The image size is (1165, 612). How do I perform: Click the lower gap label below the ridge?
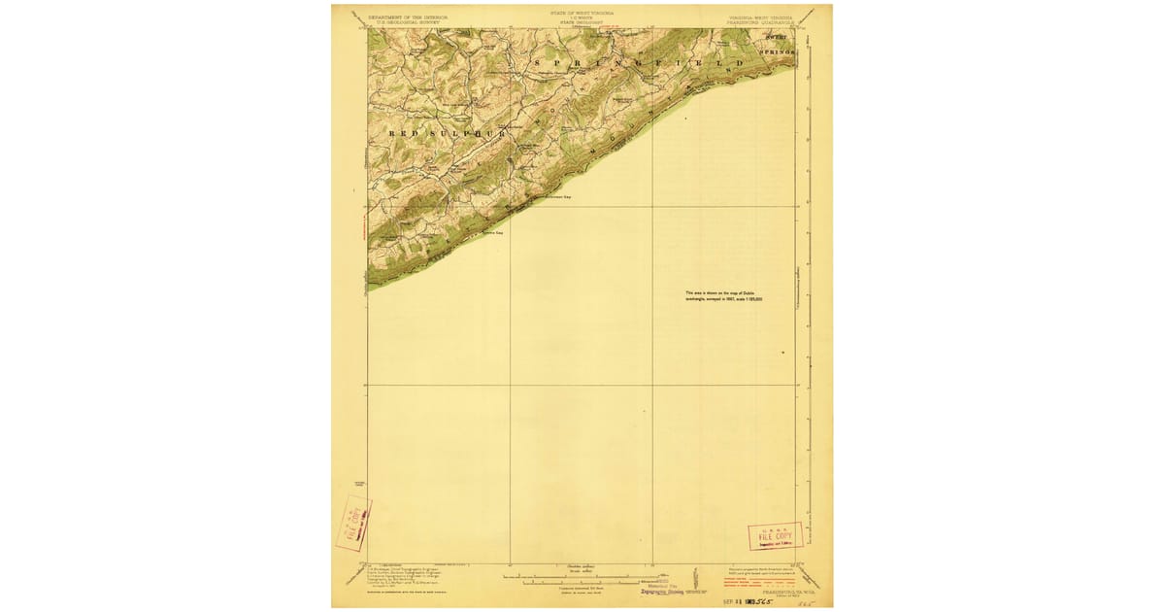(494, 232)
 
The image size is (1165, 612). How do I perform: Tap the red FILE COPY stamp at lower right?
(775, 536)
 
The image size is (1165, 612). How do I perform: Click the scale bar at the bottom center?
(582, 581)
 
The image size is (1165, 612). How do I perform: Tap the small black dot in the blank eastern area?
(782, 352)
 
